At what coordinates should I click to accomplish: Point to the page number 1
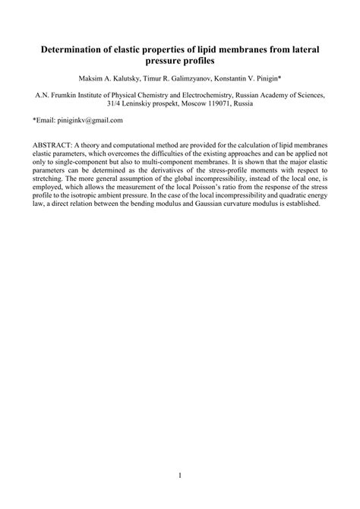(180, 476)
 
